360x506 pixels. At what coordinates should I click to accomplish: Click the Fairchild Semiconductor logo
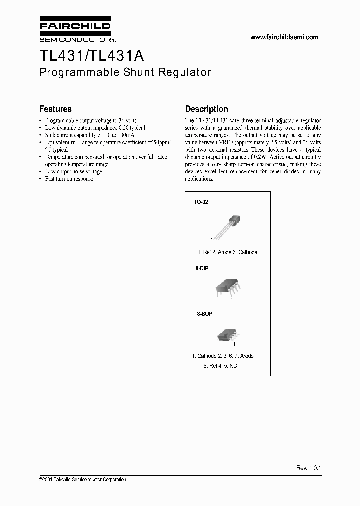tap(74, 31)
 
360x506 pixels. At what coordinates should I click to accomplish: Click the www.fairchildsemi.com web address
tap(284, 37)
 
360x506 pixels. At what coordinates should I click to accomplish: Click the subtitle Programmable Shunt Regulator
tap(125, 72)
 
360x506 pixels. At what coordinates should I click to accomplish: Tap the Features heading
tap(55, 109)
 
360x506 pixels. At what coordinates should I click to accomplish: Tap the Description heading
tap(206, 109)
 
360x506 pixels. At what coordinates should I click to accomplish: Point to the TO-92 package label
tap(201, 202)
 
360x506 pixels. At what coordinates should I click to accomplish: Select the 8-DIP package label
tap(201, 268)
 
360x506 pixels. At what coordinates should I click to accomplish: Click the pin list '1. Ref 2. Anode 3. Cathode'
tap(227, 252)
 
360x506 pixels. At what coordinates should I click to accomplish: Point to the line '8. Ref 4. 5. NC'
tap(220, 366)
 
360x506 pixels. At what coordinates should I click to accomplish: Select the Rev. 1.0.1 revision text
tap(308, 467)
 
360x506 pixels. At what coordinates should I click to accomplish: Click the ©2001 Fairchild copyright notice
tap(82, 479)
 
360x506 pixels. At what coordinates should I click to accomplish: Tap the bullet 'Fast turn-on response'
tap(69, 179)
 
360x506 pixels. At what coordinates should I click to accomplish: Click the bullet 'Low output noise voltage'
tap(73, 171)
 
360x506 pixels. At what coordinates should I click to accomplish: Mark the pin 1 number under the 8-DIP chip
tap(231, 300)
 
